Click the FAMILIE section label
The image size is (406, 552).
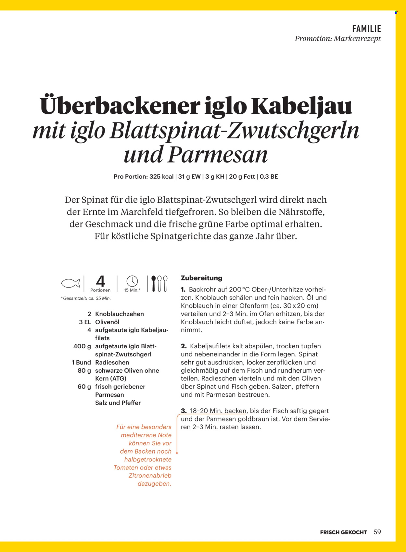tap(366, 29)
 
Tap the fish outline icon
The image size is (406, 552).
tap(70, 283)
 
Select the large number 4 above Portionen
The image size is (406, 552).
tap(100, 281)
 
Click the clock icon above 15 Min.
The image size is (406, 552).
tap(132, 281)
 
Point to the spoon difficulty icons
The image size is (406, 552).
tap(159, 283)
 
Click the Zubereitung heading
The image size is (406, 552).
tap(201, 278)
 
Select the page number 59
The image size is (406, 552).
tap(377, 532)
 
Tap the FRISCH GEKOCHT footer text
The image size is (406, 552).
tap(343, 532)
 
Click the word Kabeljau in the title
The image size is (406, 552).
tap(301, 106)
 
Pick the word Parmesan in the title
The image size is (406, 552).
tap(218, 155)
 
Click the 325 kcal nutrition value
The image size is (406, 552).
tap(161, 177)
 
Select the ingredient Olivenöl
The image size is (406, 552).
tap(107, 322)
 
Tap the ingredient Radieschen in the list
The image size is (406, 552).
tap(112, 362)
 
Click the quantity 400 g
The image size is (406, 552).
tap(82, 346)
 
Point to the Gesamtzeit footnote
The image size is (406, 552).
tap(86, 298)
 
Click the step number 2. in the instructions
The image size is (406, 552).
tap(184, 346)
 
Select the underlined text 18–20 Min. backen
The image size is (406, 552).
tap(218, 411)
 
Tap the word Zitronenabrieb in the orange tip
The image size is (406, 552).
tap(150, 475)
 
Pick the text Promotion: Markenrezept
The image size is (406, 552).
tap(337, 39)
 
